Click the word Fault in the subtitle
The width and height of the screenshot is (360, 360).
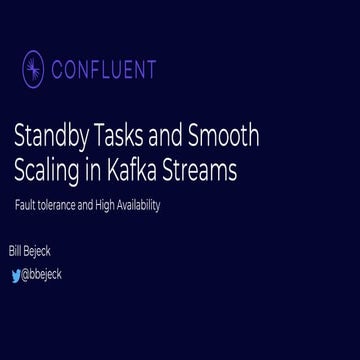click(x=24, y=205)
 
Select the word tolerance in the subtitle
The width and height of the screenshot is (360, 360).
click(x=55, y=205)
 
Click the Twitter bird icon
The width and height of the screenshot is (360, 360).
click(x=15, y=275)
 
